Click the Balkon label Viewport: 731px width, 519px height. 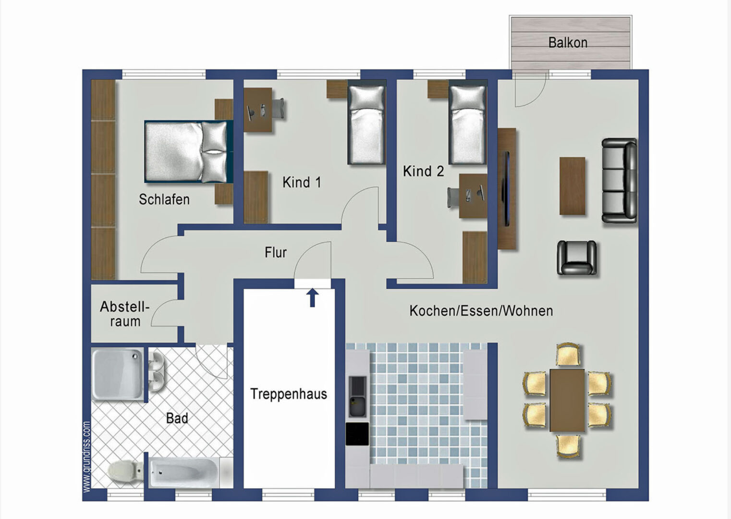click(568, 43)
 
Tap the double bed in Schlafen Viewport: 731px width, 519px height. click(189, 151)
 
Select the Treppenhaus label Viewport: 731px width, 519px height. click(289, 394)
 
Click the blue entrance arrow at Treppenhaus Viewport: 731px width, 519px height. click(312, 297)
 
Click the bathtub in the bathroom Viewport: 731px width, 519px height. click(183, 472)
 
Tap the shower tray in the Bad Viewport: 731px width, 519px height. click(118, 374)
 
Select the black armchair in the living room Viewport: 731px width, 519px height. click(577, 258)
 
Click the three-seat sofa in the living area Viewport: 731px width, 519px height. click(620, 181)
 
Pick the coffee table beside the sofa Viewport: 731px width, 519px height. click(573, 186)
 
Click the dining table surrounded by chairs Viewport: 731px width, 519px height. click(567, 400)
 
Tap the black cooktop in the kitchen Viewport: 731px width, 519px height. click(357, 434)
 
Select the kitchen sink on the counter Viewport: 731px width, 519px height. click(357, 397)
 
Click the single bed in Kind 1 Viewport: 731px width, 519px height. click(366, 124)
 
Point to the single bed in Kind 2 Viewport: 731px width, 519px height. click(467, 124)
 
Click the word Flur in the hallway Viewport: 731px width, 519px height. click(276, 252)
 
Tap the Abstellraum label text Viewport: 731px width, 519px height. click(125, 314)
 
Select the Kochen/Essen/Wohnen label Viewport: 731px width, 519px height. click(481, 311)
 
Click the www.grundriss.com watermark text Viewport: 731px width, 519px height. click(86, 457)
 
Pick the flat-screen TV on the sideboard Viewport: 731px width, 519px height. click(507, 188)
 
